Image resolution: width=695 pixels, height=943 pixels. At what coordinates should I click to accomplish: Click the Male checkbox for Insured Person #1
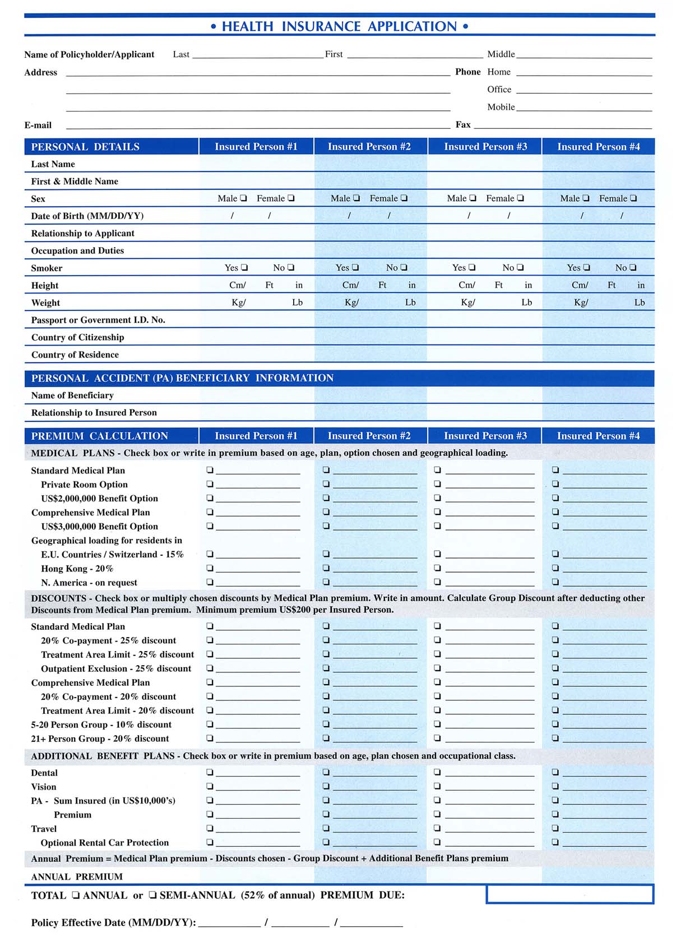pyautogui.click(x=243, y=198)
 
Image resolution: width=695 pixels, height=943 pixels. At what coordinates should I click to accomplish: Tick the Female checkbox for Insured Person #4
pyautogui.click(x=633, y=198)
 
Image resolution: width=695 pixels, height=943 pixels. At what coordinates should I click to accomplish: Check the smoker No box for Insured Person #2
pyautogui.click(x=404, y=268)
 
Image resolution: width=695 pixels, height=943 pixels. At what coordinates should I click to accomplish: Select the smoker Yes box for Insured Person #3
pyautogui.click(x=472, y=268)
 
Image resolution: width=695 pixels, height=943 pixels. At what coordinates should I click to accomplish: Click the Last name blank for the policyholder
pyautogui.click(x=258, y=54)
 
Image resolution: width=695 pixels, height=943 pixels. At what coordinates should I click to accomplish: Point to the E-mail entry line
pyautogui.click(x=258, y=125)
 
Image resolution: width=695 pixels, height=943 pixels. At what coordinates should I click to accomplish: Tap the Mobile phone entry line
pyautogui.click(x=584, y=107)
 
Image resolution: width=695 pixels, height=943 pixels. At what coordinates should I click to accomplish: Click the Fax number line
pyautogui.click(x=563, y=125)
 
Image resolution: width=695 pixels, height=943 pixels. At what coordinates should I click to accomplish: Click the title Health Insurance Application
pyautogui.click(x=339, y=26)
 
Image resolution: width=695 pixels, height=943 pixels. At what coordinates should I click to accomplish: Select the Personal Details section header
pyautogui.click(x=85, y=147)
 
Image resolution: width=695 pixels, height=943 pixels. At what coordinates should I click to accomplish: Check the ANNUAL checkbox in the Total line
pyautogui.click(x=76, y=895)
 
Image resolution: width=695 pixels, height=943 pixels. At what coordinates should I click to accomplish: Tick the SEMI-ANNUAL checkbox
pyautogui.click(x=152, y=895)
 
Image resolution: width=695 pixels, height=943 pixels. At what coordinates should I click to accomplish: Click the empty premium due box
pyautogui.click(x=569, y=894)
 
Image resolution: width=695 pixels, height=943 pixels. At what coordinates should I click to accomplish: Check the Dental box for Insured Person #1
pyautogui.click(x=210, y=772)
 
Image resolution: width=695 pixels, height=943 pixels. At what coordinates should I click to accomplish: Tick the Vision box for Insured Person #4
pyautogui.click(x=555, y=786)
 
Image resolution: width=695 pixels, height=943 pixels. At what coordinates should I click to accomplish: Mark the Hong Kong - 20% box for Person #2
pyautogui.click(x=326, y=568)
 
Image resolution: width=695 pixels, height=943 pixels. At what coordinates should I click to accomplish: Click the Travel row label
pyautogui.click(x=44, y=829)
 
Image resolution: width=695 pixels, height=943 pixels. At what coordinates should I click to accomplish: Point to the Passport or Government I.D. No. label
pyautogui.click(x=98, y=320)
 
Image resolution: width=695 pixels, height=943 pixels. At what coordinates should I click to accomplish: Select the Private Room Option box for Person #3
pyautogui.click(x=438, y=484)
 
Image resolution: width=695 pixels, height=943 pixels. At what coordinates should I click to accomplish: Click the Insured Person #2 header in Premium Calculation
pyautogui.click(x=369, y=436)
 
